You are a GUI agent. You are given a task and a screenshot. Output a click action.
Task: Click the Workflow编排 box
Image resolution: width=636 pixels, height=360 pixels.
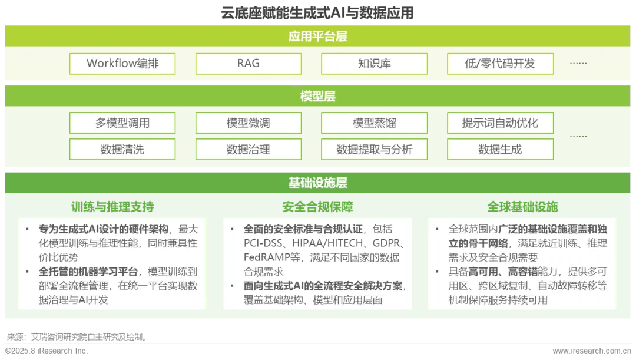pyautogui.click(x=122, y=64)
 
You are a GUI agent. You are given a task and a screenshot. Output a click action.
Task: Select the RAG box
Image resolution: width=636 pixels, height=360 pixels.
pyautogui.click(x=249, y=64)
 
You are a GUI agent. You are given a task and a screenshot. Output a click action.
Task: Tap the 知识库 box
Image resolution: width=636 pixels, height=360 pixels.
pyautogui.click(x=375, y=64)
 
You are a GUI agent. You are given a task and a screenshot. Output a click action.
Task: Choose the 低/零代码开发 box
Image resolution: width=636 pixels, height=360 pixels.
pyautogui.click(x=500, y=64)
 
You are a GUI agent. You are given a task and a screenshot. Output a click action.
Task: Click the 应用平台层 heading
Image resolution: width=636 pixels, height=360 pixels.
pyautogui.click(x=318, y=37)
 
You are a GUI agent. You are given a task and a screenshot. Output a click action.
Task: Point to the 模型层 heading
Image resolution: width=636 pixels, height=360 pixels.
pyautogui.click(x=318, y=97)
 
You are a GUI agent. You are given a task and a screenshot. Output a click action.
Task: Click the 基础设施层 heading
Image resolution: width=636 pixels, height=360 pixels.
pyautogui.click(x=318, y=183)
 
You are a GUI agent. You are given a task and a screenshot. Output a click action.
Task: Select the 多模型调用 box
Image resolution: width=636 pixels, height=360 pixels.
pyautogui.click(x=122, y=123)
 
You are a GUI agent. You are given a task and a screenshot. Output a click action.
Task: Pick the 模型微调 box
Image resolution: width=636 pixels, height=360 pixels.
pyautogui.click(x=249, y=123)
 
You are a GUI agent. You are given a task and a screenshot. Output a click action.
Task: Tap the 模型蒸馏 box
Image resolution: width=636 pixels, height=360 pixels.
pyautogui.click(x=375, y=123)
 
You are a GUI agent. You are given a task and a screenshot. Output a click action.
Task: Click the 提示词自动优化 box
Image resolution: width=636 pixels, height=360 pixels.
pyautogui.click(x=500, y=123)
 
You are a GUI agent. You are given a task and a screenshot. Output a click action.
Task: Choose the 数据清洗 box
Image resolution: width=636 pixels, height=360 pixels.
pyautogui.click(x=122, y=150)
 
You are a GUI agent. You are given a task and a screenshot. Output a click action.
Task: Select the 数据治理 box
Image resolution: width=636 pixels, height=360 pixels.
pyautogui.click(x=249, y=150)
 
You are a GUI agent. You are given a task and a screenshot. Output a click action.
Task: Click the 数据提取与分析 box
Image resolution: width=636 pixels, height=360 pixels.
pyautogui.click(x=375, y=150)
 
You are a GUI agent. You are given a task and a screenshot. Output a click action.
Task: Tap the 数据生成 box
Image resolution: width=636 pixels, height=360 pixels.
pyautogui.click(x=500, y=150)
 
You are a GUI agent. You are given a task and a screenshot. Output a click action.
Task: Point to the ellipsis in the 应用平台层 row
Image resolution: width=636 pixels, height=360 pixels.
pyautogui.click(x=578, y=64)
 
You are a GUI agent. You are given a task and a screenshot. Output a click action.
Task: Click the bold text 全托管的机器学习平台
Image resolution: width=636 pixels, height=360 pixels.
pyautogui.click(x=89, y=272)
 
